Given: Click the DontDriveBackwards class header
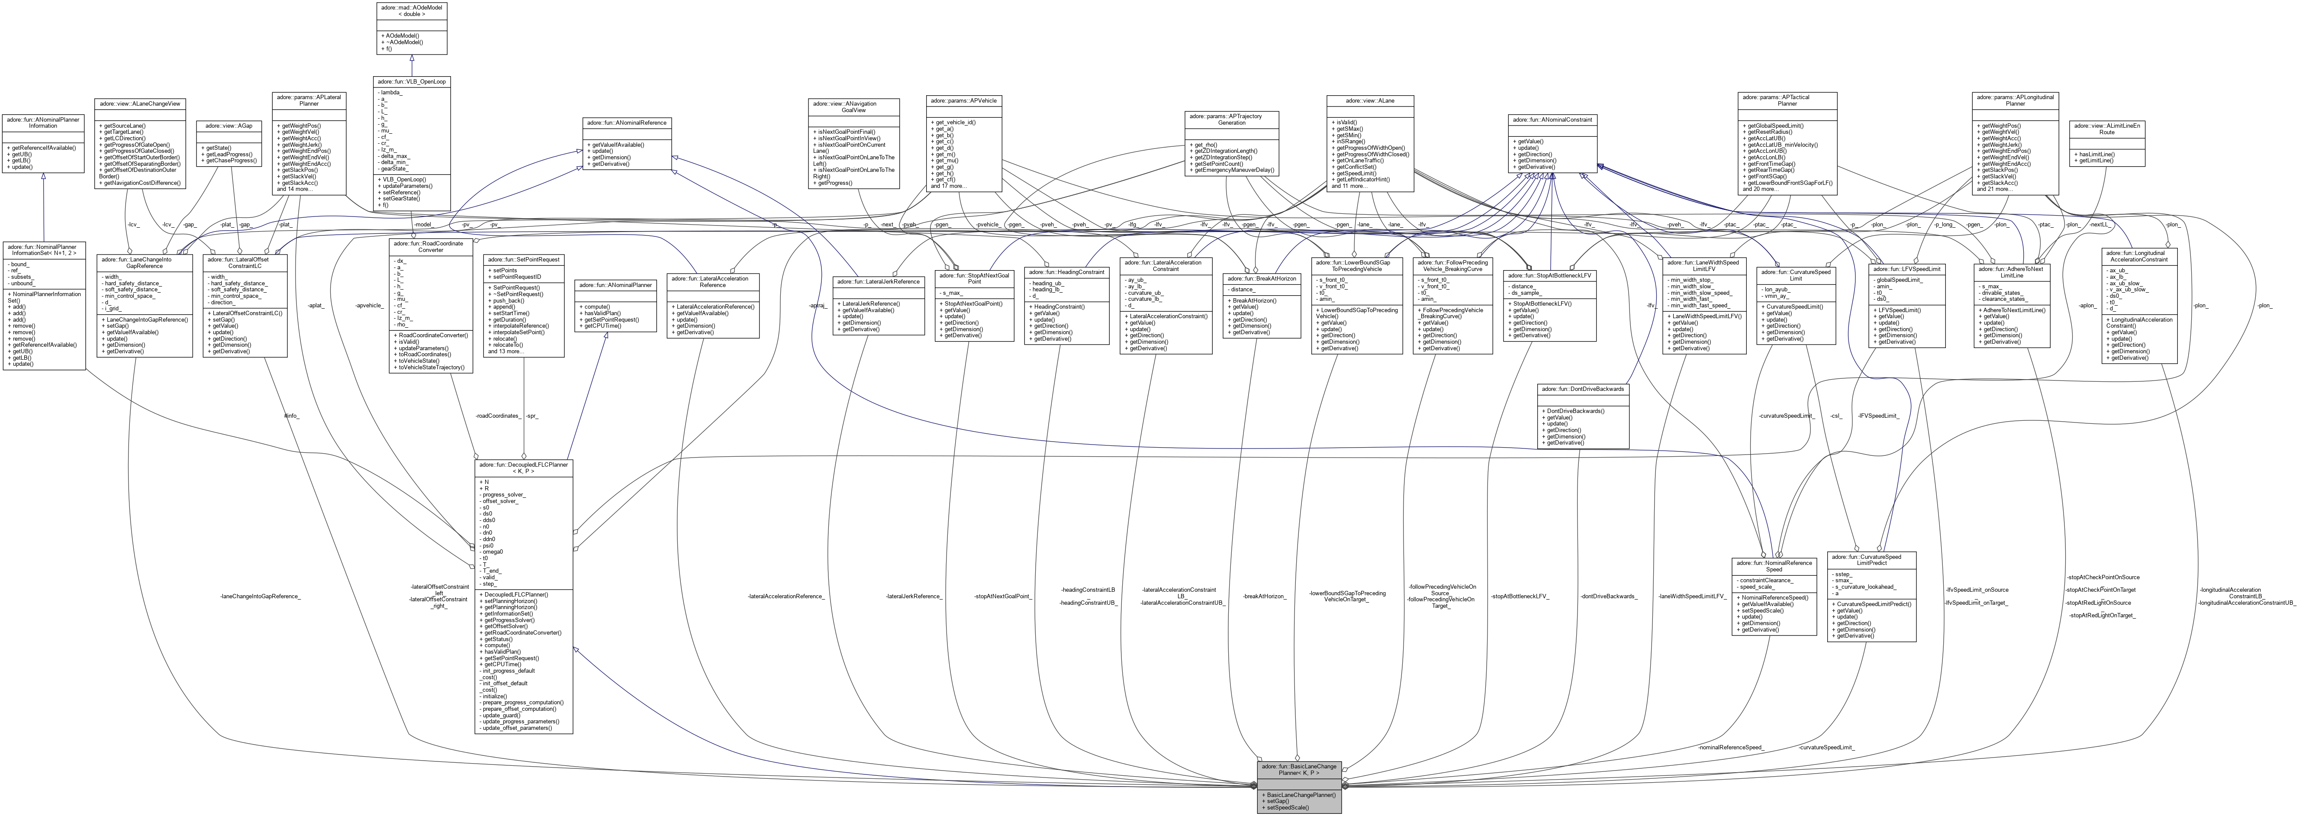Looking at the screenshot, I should [1583, 389].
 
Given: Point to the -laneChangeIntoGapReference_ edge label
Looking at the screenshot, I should [260, 596].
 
